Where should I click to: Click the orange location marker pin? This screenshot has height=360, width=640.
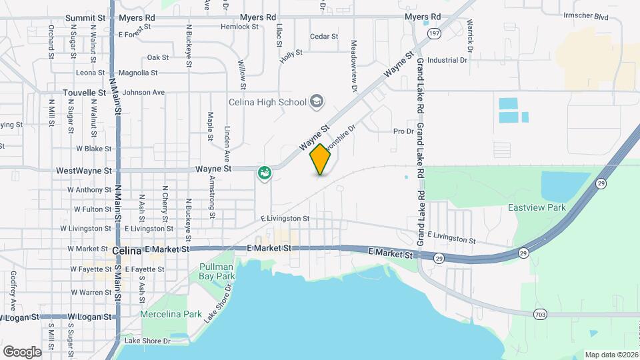click(x=321, y=159)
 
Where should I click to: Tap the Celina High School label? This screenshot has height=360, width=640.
click(x=267, y=102)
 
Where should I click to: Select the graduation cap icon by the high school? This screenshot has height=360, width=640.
click(x=317, y=101)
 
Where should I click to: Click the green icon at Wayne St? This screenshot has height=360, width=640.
click(x=265, y=174)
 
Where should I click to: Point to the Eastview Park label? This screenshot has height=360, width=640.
click(x=537, y=207)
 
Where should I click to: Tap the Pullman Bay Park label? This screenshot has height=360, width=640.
click(x=217, y=271)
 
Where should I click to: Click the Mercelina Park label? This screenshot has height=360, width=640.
click(x=171, y=314)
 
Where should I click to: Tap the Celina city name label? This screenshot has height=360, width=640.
click(x=127, y=251)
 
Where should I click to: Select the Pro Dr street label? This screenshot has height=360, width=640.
click(x=404, y=131)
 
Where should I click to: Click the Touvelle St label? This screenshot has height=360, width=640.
click(x=85, y=93)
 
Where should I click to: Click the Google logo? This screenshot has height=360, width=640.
click(x=22, y=351)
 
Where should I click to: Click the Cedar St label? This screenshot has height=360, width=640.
click(x=325, y=37)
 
